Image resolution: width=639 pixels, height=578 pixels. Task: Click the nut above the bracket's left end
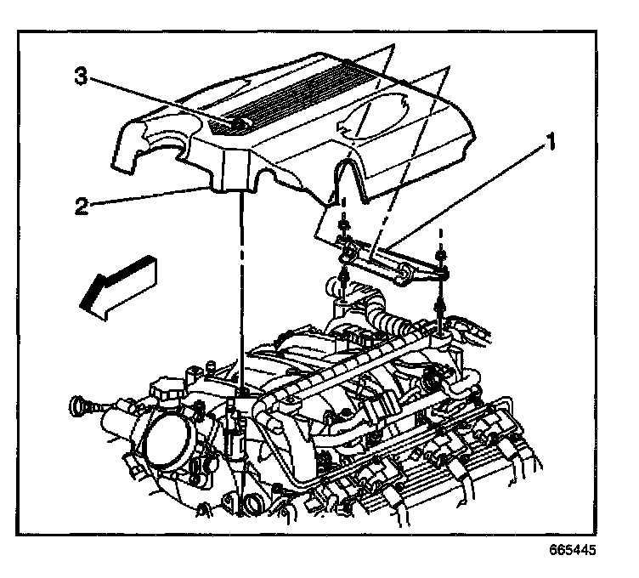pyautogui.click(x=344, y=227)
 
